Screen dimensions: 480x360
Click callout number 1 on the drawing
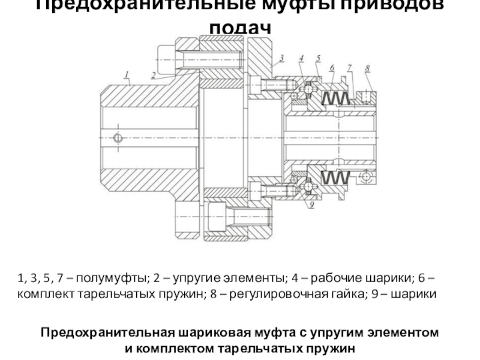pos(127,74)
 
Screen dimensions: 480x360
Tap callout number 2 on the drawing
pos(154,75)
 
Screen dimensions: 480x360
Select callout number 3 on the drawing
pos(280,59)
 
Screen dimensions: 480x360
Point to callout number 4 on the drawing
pos(302,58)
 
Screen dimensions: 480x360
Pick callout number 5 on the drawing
pos(319,58)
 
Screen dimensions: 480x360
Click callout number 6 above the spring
pos(331,69)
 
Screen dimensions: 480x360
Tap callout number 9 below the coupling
pos(311,205)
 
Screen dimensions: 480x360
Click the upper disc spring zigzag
pos(336,97)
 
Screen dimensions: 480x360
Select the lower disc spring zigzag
pos(336,178)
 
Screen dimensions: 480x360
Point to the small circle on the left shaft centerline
pos(118,138)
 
